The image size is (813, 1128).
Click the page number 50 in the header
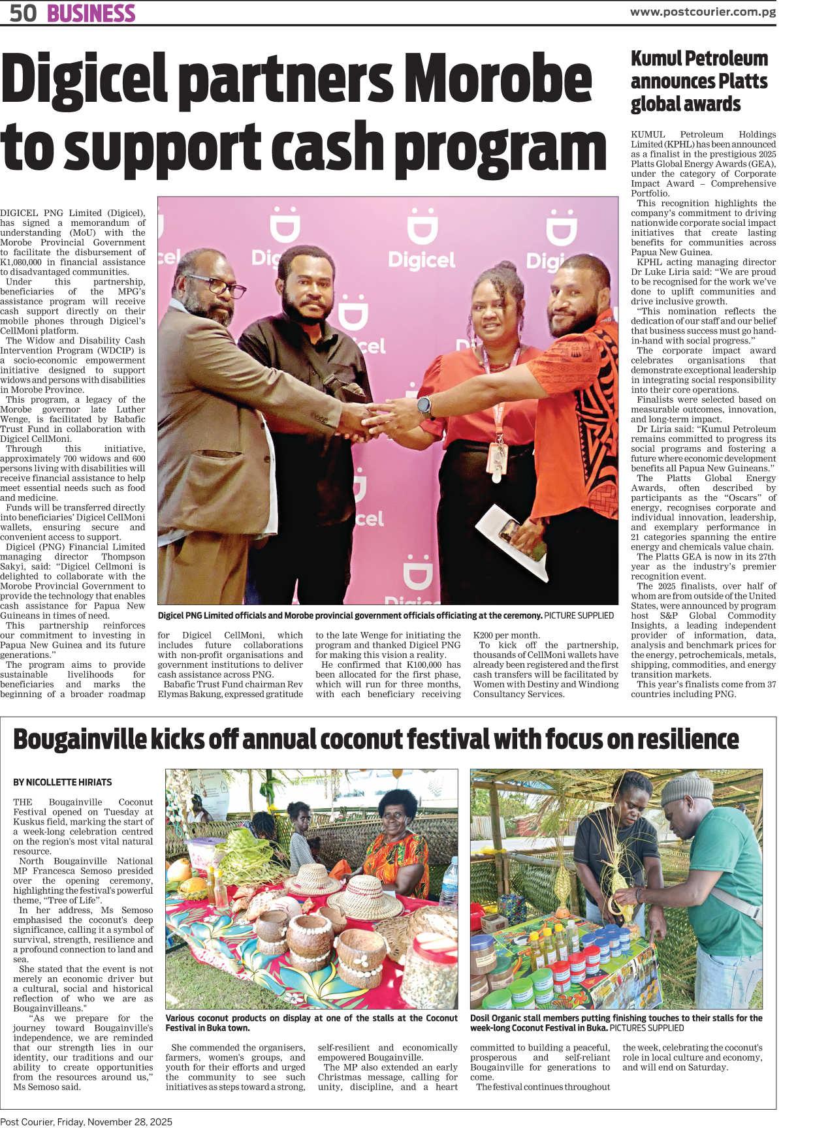point(23,13)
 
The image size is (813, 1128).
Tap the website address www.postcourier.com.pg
point(703,12)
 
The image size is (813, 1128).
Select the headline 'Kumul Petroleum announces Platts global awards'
point(699,81)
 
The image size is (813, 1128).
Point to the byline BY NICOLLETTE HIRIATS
point(62,782)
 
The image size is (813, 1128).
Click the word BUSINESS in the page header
point(91,13)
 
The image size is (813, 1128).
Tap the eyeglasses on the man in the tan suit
point(222,287)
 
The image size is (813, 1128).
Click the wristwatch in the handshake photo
point(424,406)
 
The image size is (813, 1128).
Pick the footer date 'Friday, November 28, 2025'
point(114,1121)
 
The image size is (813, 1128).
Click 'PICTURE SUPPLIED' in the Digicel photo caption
point(579,615)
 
